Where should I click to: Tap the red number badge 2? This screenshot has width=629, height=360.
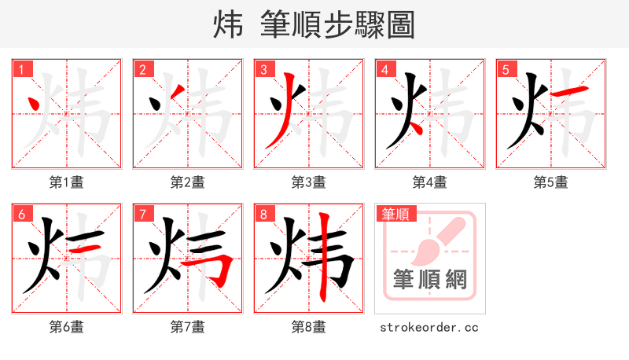(x=143, y=69)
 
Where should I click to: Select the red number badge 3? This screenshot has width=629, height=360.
(x=264, y=69)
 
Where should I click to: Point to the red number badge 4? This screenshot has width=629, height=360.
(x=385, y=69)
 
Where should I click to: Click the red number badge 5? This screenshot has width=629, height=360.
(x=506, y=69)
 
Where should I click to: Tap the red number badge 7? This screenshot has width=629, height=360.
(x=143, y=214)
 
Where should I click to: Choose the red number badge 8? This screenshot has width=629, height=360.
(x=264, y=214)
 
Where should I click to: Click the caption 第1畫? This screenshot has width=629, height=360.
(x=67, y=182)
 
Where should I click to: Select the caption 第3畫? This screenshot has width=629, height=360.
(x=309, y=182)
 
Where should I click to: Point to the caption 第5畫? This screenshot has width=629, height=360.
(x=551, y=182)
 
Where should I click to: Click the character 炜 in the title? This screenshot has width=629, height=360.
(x=228, y=25)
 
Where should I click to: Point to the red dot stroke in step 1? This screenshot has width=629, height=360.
(x=35, y=103)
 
